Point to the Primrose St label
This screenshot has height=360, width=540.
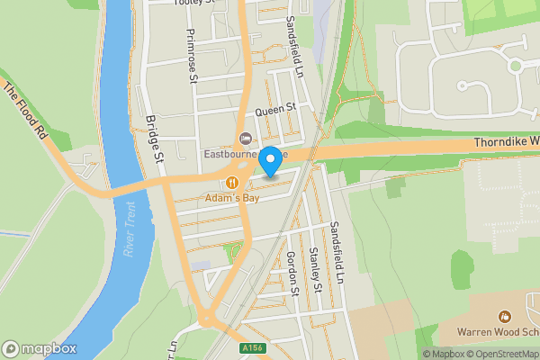click(192, 56)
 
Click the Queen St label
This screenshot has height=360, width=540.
click(274, 109)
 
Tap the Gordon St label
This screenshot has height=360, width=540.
click(292, 273)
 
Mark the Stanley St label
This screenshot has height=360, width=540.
click(315, 270)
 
